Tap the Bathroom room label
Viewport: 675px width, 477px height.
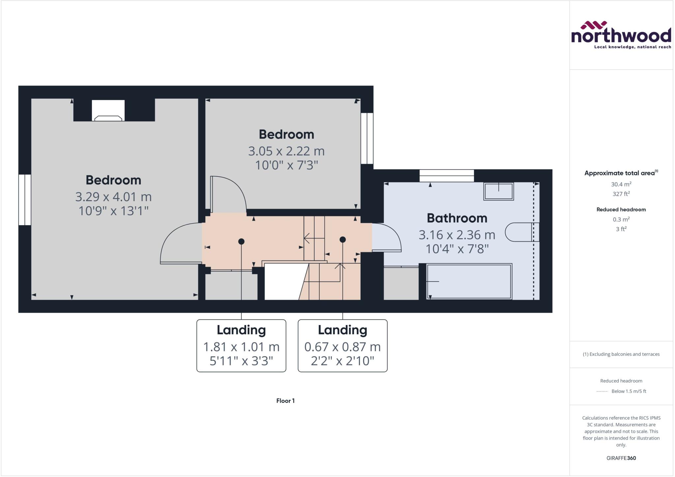click(457, 218)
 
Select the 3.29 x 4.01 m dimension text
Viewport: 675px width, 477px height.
click(113, 197)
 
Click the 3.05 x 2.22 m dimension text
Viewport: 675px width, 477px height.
click(286, 151)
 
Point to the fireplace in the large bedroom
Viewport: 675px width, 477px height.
click(108, 111)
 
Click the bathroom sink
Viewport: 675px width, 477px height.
click(498, 191)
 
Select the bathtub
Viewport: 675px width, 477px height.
click(469, 282)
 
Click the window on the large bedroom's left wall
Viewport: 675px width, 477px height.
click(25, 200)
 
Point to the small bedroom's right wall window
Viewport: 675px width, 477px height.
click(367, 138)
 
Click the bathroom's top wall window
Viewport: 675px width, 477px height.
click(447, 176)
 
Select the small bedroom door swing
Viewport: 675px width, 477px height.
click(228, 194)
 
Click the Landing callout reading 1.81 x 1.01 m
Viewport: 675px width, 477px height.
click(241, 345)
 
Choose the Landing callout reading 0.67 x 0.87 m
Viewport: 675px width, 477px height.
click(342, 345)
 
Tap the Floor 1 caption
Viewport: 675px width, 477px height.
click(285, 401)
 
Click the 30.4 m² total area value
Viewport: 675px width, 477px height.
click(621, 184)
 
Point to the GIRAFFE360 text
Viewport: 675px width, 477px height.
click(621, 458)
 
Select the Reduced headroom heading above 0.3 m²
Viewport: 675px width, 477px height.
click(621, 210)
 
